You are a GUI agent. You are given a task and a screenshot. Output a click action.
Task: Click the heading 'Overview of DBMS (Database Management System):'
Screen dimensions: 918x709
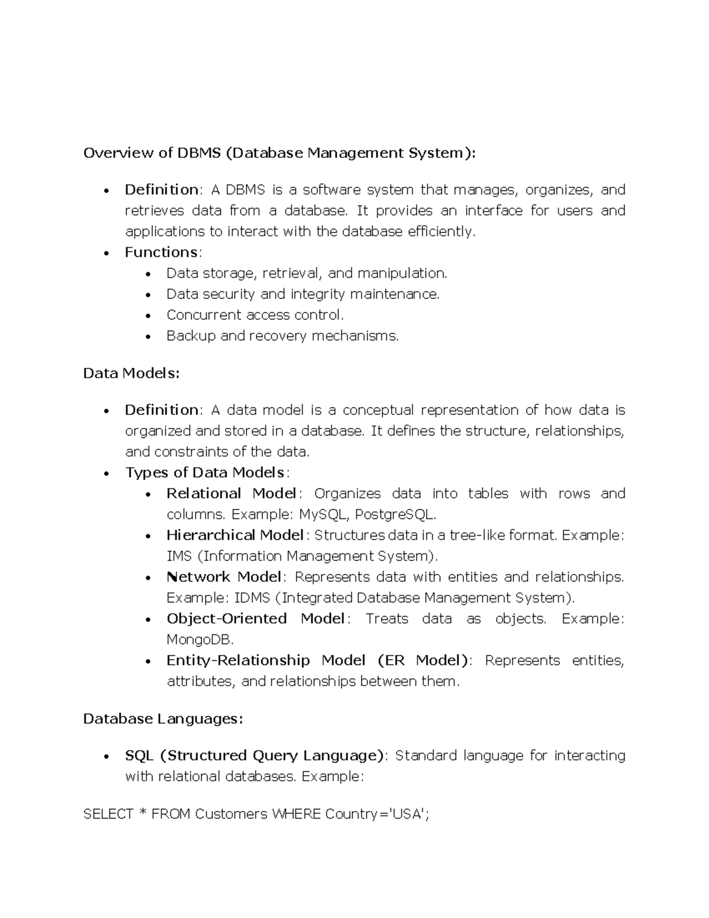[279, 153]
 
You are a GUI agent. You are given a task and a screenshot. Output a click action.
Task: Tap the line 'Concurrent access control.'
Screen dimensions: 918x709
[255, 315]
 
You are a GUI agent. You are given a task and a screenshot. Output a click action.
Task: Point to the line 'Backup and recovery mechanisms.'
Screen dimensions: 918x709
[282, 336]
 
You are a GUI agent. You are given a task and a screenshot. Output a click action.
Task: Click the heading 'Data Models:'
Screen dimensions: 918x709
[131, 374]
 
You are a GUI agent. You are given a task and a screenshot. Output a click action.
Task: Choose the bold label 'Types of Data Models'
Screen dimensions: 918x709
[205, 473]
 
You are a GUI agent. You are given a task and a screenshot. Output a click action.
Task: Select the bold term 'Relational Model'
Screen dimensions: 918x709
[232, 494]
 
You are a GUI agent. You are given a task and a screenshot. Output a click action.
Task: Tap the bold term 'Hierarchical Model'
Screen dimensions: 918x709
[235, 536]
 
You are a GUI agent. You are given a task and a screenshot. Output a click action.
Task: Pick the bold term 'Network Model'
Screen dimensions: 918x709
[223, 577]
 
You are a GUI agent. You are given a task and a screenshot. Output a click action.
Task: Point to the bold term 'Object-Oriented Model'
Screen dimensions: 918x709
[255, 619]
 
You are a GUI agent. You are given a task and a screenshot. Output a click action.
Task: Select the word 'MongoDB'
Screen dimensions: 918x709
[200, 640]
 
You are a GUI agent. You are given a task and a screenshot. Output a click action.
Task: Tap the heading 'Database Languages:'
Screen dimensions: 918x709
[163, 719]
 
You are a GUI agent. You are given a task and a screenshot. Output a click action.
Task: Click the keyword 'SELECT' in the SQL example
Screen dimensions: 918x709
[108, 815]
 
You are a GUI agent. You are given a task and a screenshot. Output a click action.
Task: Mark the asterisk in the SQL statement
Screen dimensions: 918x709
[142, 813]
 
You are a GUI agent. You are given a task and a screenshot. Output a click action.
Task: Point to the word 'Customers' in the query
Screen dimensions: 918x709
[231, 815]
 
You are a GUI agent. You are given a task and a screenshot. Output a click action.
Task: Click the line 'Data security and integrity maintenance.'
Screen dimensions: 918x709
[303, 294]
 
